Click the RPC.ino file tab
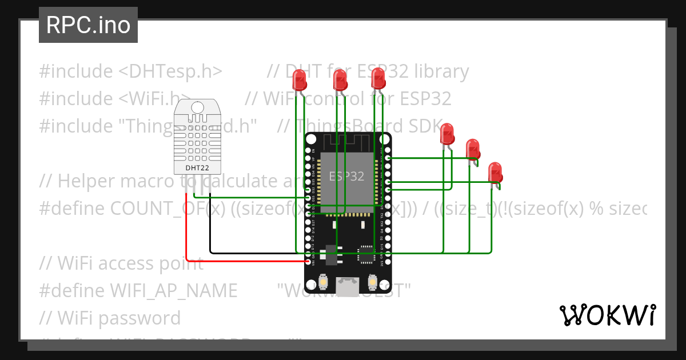click(88, 25)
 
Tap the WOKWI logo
click(607, 315)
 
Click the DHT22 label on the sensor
click(197, 167)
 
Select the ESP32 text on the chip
click(346, 176)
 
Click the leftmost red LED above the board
click(300, 80)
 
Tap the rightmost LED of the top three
click(378, 78)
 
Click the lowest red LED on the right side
click(495, 173)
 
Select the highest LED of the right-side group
click(447, 134)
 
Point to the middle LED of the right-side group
click(472, 149)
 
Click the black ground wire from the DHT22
click(210, 229)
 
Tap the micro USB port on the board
click(348, 283)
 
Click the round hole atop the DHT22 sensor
click(197, 107)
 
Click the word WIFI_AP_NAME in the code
click(173, 290)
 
